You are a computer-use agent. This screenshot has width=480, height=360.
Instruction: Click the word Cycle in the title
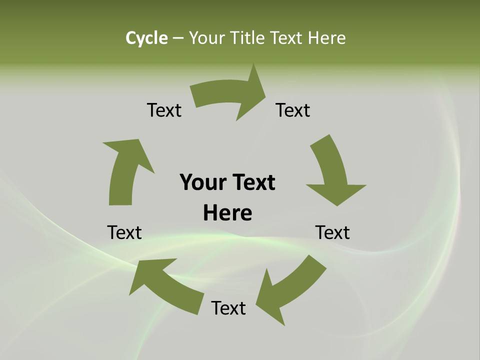click(x=146, y=38)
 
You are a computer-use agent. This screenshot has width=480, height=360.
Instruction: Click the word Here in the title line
click(x=327, y=38)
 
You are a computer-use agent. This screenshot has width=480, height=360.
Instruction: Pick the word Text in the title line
click(x=287, y=38)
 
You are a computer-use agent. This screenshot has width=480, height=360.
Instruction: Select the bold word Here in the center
click(x=227, y=213)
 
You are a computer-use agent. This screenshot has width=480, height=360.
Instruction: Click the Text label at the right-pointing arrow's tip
click(x=293, y=110)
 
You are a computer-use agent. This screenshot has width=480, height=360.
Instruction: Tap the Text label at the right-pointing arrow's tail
click(x=164, y=110)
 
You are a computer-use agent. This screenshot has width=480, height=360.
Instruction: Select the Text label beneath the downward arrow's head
click(x=332, y=232)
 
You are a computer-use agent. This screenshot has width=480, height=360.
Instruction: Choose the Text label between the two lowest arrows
click(x=228, y=308)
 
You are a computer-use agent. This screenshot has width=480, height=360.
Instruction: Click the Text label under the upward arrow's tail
click(x=124, y=232)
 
